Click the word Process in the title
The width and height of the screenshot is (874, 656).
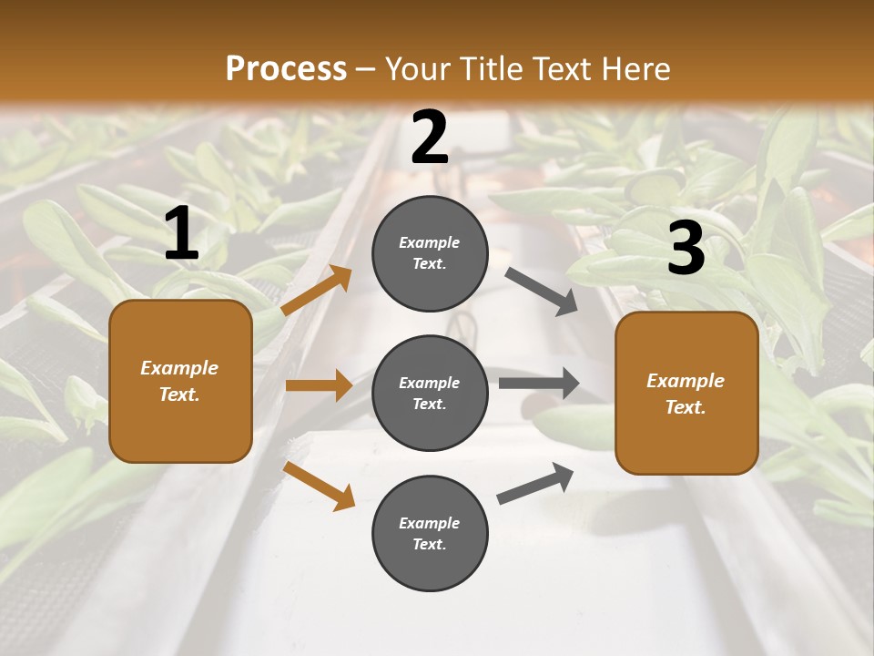point(286,69)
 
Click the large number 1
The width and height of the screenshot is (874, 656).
point(181,234)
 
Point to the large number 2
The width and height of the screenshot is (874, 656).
point(430,138)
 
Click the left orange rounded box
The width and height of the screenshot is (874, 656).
point(180,381)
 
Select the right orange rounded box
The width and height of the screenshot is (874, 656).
point(686,393)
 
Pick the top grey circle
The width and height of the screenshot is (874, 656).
point(430,253)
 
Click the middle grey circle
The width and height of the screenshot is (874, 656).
point(430,393)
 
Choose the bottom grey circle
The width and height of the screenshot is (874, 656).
point(430,533)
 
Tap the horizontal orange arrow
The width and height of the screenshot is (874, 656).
point(319,385)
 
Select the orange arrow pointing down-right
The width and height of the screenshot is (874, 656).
point(319,486)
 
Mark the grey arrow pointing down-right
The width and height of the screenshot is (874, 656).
point(542,292)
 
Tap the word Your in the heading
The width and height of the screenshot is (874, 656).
point(417,69)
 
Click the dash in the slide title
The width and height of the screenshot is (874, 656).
point(366,70)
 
